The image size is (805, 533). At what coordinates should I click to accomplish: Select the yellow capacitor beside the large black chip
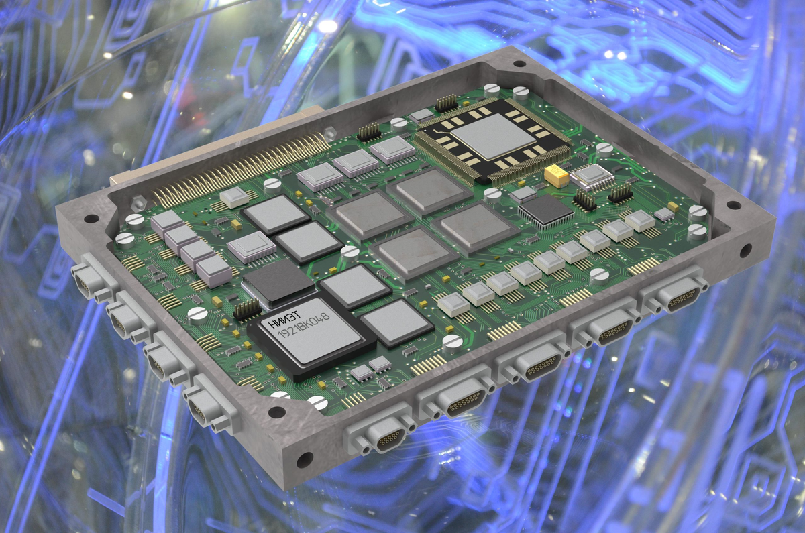556,176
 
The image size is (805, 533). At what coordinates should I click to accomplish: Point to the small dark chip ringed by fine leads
545,213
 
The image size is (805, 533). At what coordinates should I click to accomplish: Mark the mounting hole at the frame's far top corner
519,64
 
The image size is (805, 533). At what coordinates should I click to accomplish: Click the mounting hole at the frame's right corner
734,205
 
